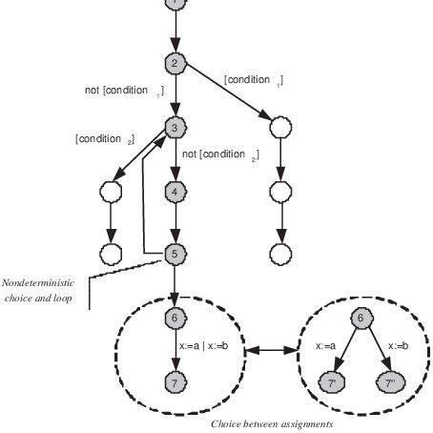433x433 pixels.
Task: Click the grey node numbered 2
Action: tap(175, 64)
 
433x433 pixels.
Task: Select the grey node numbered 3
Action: tap(175, 127)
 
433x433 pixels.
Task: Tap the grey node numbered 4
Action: tap(175, 192)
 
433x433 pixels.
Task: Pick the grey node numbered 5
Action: tap(175, 254)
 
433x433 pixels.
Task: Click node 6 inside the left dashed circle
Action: tap(175, 318)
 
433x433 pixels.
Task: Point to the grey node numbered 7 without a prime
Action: tap(175, 382)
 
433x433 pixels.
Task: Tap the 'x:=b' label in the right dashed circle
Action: tap(397, 349)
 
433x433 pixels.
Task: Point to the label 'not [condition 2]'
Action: tap(219, 155)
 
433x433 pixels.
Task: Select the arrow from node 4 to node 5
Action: tap(175, 223)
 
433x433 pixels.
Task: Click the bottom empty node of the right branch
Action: tap(279, 254)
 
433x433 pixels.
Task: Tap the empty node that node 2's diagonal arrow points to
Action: tap(279, 127)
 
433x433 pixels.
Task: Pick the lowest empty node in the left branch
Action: tap(111, 254)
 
